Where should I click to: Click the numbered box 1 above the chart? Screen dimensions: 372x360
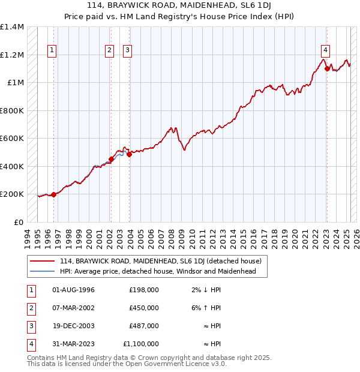pyautogui.click(x=53, y=50)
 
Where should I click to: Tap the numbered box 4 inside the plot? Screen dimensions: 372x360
pyautogui.click(x=325, y=50)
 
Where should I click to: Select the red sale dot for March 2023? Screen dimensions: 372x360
pyautogui.click(x=327, y=68)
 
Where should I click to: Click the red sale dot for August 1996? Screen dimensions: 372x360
pyautogui.click(x=53, y=194)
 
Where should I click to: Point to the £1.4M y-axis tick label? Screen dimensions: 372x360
pyautogui.click(x=12, y=27)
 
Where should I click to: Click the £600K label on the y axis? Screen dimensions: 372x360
pyautogui.click(x=12, y=139)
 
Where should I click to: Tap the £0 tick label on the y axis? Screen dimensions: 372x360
pyautogui.click(x=18, y=222)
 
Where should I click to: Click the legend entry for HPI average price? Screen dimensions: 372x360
pyautogui.click(x=158, y=271)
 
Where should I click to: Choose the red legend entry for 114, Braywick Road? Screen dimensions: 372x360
pyautogui.click(x=160, y=262)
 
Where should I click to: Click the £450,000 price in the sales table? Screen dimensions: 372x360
pyautogui.click(x=144, y=308)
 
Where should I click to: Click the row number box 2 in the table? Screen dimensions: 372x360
pyautogui.click(x=30, y=308)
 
